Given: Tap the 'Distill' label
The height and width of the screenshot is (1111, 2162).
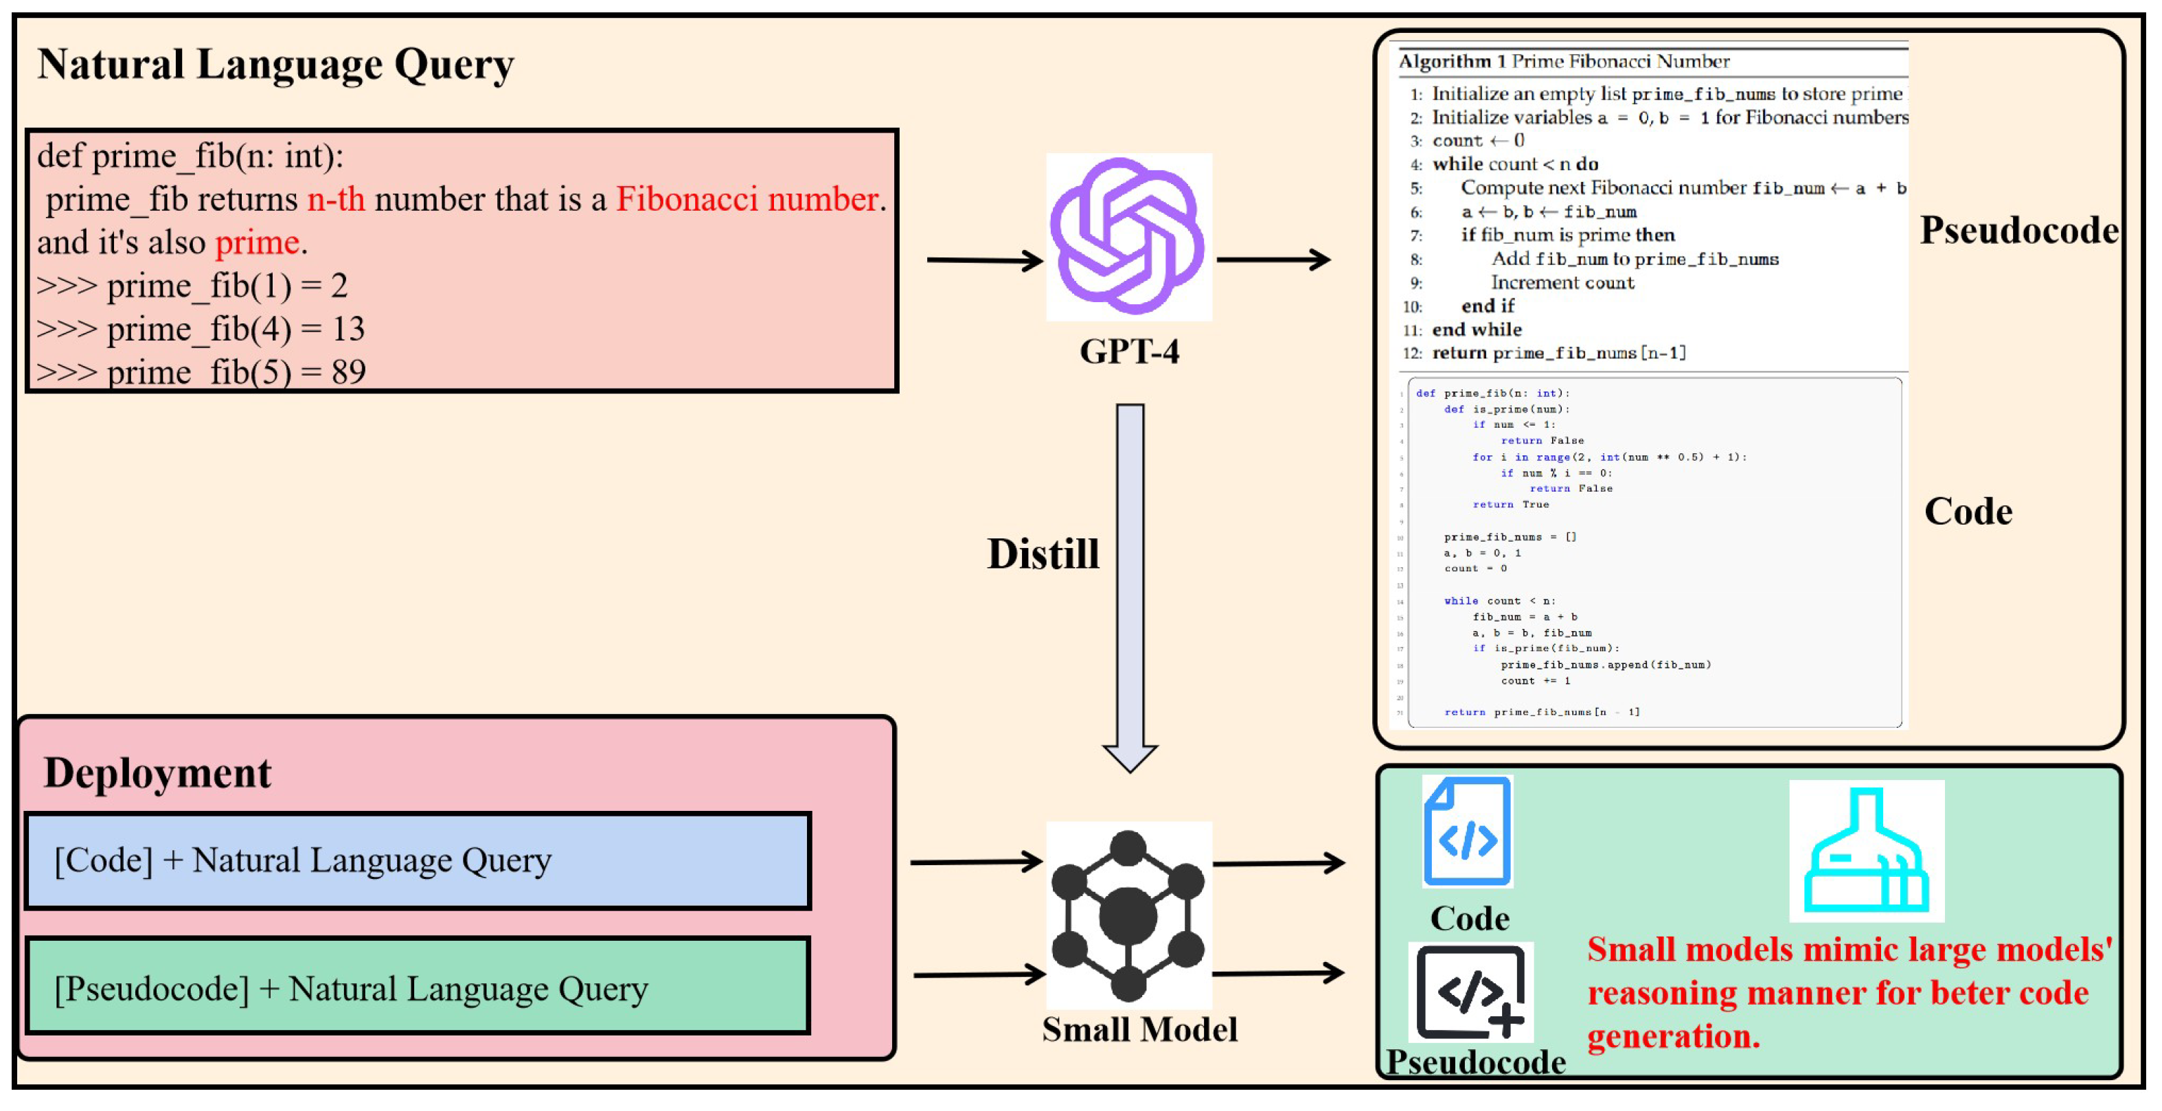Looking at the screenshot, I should coord(1043,554).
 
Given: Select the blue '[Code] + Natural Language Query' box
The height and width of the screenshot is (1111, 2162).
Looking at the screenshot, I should coord(418,860).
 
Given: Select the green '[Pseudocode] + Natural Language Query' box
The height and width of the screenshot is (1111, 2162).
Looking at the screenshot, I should coord(418,987).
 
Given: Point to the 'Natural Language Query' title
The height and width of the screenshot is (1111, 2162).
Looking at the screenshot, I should coord(275,65).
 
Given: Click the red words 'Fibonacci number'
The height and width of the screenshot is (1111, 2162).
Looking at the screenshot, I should coord(747,199).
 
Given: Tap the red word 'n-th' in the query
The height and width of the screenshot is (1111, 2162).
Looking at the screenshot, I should coord(336,199).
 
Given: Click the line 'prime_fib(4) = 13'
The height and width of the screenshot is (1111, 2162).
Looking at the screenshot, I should coord(201,328).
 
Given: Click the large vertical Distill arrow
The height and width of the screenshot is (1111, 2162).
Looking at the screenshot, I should coord(1130,587).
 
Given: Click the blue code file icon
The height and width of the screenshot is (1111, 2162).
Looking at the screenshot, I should coord(1467,831).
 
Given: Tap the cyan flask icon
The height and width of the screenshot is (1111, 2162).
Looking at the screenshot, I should coord(1866,850).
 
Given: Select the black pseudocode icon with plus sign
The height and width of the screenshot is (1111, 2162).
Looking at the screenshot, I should coord(1470,992).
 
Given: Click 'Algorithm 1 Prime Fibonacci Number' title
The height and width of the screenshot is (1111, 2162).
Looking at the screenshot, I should coord(1562,61).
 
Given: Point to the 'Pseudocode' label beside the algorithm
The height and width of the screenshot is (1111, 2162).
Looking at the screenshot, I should coord(2018,230).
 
